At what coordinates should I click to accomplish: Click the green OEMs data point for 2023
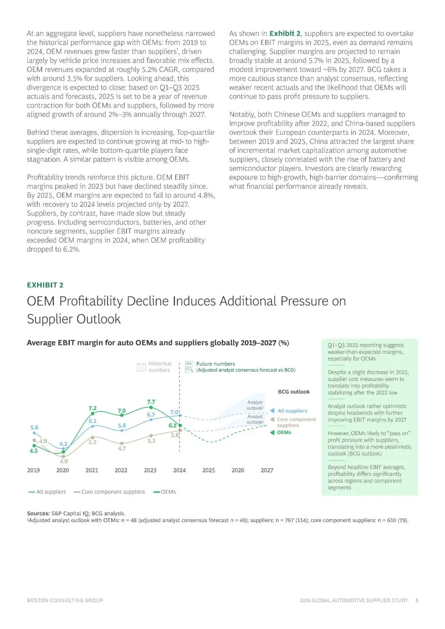tap(151, 407)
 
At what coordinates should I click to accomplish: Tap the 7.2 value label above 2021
tap(92, 408)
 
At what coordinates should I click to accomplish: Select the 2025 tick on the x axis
tap(208, 470)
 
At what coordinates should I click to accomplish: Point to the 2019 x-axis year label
tap(33, 470)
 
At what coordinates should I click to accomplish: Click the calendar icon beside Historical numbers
tap(141, 367)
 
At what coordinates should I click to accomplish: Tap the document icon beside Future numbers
tap(189, 367)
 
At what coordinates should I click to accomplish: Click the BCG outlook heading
tap(294, 392)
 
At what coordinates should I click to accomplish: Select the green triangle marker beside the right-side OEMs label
tap(272, 433)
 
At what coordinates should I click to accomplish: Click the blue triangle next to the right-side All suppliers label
tap(272, 411)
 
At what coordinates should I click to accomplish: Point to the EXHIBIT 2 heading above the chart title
tap(45, 285)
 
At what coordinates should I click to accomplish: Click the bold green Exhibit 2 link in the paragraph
tap(285, 33)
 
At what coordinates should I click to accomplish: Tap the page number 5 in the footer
tap(417, 600)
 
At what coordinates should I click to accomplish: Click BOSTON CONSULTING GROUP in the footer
tap(65, 600)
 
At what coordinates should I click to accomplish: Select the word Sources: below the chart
tap(38, 513)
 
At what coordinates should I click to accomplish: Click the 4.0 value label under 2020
tap(63, 461)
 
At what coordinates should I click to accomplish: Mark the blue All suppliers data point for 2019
tap(35, 433)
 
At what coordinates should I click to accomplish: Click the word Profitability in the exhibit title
tap(91, 301)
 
